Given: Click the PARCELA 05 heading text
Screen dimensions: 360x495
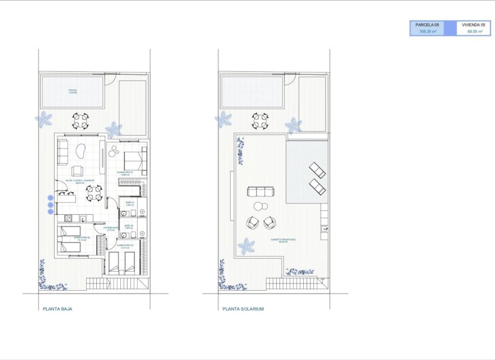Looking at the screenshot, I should (427, 25).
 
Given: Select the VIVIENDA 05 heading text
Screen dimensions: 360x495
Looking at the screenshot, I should (472, 25).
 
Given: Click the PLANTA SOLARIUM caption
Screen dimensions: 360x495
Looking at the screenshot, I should (243, 309).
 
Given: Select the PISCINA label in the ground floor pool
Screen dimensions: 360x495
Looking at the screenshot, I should (73, 91).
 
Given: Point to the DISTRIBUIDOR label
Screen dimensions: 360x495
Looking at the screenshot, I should (110, 228).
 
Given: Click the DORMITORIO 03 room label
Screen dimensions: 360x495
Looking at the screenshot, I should (124, 246).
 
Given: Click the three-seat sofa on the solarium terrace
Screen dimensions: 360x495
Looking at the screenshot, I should (260, 192).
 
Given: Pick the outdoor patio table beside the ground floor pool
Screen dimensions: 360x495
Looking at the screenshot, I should (80, 120).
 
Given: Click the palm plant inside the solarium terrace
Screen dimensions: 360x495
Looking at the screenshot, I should (246, 246).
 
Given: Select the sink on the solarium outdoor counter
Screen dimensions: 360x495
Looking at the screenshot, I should (325, 228).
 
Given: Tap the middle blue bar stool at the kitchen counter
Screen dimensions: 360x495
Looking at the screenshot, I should (50, 205).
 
